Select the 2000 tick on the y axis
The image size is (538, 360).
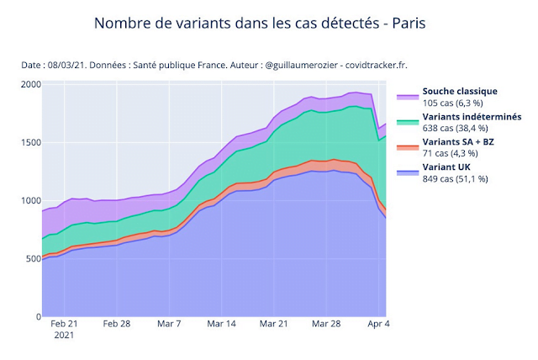[x=29, y=85]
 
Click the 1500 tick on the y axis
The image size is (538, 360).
[x=29, y=143]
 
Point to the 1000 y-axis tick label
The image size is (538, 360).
[x=29, y=201]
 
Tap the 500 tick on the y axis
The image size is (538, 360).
[x=31, y=259]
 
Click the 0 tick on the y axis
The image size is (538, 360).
[x=35, y=317]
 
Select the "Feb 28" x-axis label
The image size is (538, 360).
[x=117, y=323]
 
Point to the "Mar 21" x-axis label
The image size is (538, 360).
[x=273, y=323]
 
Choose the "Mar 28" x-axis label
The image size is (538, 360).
[x=324, y=323]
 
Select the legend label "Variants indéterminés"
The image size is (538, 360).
[x=472, y=116]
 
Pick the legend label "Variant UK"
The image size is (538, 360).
[x=446, y=168]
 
